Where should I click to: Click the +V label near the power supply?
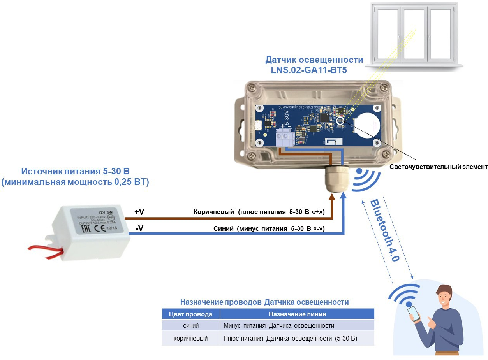click(139, 212)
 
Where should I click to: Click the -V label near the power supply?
click(139, 228)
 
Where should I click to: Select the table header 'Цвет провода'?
click(190, 314)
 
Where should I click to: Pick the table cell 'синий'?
click(190, 325)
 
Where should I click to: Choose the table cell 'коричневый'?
click(190, 339)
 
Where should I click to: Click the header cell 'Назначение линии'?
click(297, 314)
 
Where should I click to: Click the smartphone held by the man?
click(414, 313)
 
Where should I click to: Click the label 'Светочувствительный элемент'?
click(439, 167)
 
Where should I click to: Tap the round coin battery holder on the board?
click(368, 123)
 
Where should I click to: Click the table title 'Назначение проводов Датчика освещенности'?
click(264, 302)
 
